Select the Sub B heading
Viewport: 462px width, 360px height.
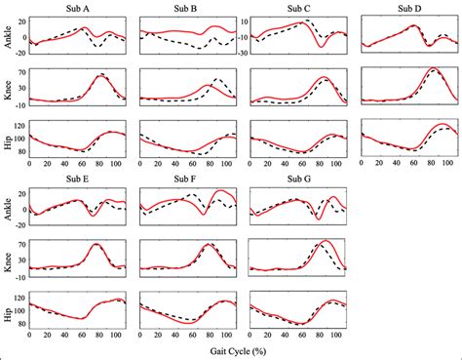click(x=187, y=8)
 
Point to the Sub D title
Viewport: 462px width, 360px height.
click(x=410, y=8)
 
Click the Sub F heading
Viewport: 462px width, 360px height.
click(x=187, y=179)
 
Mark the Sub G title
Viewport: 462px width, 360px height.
click(x=299, y=179)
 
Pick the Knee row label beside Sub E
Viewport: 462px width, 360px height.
click(x=9, y=258)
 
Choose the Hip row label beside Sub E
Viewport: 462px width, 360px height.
click(x=9, y=310)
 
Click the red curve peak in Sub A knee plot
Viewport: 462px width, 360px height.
click(x=102, y=75)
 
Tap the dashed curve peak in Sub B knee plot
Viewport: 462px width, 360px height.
click(x=218, y=78)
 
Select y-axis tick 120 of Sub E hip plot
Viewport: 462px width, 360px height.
click(x=21, y=294)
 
